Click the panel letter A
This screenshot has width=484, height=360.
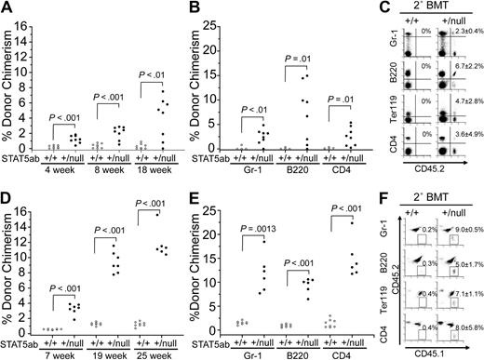tap(7, 9)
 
